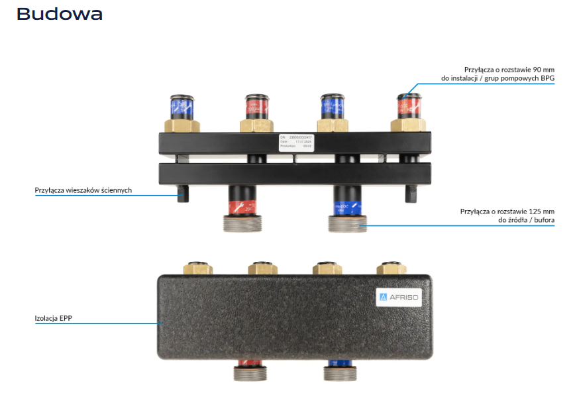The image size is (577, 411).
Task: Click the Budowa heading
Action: click(60, 14)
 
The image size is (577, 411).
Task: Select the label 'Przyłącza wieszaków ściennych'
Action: click(83, 190)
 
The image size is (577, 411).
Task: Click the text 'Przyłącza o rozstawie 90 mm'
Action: click(509, 69)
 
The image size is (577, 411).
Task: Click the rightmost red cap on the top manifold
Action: click(408, 105)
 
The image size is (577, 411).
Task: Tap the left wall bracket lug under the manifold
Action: click(184, 193)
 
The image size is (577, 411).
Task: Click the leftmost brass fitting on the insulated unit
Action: click(199, 268)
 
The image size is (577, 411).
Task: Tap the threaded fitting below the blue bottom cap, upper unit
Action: click(347, 223)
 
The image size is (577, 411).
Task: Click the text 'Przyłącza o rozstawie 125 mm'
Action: click(507, 211)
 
